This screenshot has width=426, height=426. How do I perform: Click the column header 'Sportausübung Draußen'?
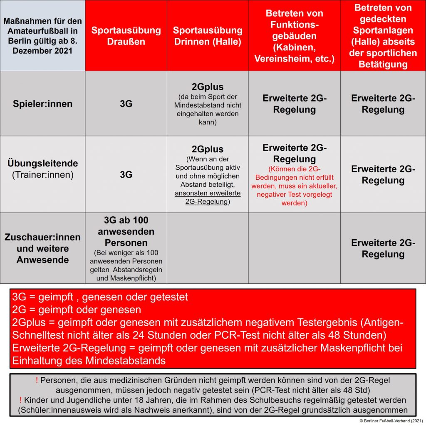pos(126,36)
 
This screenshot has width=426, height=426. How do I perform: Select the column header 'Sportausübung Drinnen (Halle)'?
pos(208,36)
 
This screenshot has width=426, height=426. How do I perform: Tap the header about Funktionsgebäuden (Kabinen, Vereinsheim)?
pos(295,36)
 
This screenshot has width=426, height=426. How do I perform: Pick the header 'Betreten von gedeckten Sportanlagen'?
pos(383,36)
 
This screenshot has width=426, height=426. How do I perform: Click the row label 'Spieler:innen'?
pos(42,104)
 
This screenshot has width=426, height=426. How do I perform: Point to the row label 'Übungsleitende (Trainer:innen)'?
pos(42,169)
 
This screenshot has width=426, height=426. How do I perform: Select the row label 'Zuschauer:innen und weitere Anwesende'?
pos(42,248)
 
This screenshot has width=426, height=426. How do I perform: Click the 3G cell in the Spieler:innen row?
pos(126,104)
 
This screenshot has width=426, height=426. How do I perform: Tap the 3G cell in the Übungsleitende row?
pos(126,175)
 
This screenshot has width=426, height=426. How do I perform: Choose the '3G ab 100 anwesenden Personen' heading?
pos(126,231)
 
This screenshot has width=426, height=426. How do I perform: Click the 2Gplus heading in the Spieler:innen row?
pos(208,87)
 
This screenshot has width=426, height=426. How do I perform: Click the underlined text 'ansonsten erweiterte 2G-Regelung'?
pos(208,198)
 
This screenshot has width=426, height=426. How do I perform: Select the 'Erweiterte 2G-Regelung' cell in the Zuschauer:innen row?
pos(383,248)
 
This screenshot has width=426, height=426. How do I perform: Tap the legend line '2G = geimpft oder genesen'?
pos(77,310)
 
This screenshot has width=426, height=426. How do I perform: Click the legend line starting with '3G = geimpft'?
pos(100,297)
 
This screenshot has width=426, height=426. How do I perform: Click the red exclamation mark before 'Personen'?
pos(37,380)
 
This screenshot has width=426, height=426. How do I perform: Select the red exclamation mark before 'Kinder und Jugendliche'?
pos(21,400)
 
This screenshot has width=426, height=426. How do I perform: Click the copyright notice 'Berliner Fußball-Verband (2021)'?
pos(391,421)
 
